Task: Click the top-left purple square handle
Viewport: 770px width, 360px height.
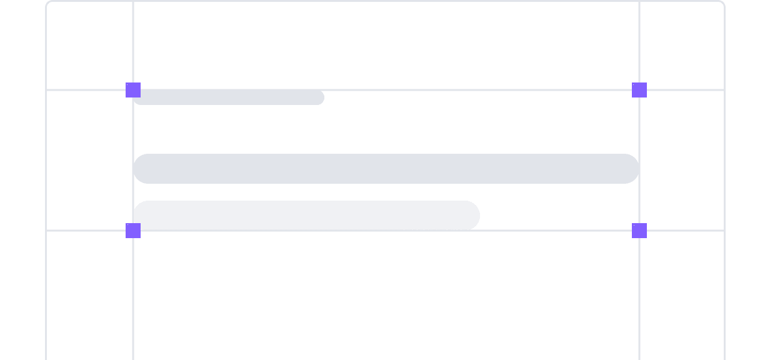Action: tap(133, 90)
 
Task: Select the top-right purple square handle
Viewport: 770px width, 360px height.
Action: tap(639, 90)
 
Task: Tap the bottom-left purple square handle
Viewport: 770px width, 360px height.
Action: tap(133, 231)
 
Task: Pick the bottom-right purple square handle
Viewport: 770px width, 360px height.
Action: tap(639, 231)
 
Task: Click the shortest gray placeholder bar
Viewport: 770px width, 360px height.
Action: tap(229, 97)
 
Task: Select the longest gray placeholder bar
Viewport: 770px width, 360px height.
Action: tap(386, 169)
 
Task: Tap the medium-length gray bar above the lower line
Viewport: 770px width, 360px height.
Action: tap(306, 215)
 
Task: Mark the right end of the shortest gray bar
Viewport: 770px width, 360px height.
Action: tap(319, 97)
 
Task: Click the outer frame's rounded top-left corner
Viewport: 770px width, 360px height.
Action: tap(49, 4)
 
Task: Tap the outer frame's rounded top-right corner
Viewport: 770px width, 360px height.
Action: tap(721, 4)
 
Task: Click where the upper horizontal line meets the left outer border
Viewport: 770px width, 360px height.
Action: tap(46, 90)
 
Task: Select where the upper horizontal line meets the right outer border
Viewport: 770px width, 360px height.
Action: tap(724, 90)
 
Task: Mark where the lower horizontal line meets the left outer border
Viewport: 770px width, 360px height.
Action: tap(46, 231)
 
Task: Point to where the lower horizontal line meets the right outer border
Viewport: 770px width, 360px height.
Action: tap(724, 231)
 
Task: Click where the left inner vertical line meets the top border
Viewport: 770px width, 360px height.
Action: tap(133, 2)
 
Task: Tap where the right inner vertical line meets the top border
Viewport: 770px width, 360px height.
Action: tap(639, 2)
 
